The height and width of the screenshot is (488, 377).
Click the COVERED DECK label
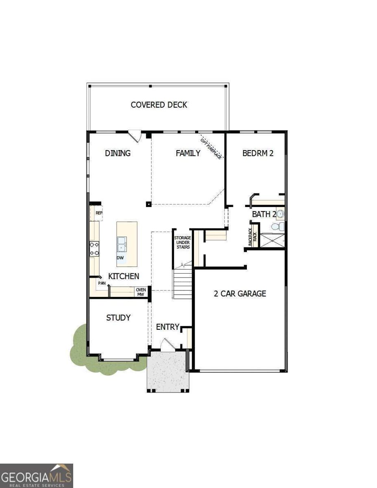point(159,105)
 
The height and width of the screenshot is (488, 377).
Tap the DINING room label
point(118,153)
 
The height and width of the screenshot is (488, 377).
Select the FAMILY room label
point(188,153)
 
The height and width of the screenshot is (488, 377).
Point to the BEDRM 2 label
point(257,153)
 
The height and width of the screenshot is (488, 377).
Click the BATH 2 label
point(264,214)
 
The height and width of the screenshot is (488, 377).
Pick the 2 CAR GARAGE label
point(240,293)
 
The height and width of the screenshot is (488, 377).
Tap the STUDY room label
point(118,318)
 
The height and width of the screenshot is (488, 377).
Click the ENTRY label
point(168,327)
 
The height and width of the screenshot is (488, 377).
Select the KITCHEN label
point(124,276)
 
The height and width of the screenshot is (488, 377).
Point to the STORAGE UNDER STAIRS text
point(182,242)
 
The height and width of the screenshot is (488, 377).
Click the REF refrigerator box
point(98,213)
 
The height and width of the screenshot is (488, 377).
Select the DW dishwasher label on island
point(120,258)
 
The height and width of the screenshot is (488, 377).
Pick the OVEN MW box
point(141,292)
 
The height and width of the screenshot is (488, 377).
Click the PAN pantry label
point(102,283)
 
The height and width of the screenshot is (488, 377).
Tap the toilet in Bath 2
point(279,227)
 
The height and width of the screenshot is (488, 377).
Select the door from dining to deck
point(135,135)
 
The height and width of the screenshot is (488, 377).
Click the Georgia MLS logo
point(37,476)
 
